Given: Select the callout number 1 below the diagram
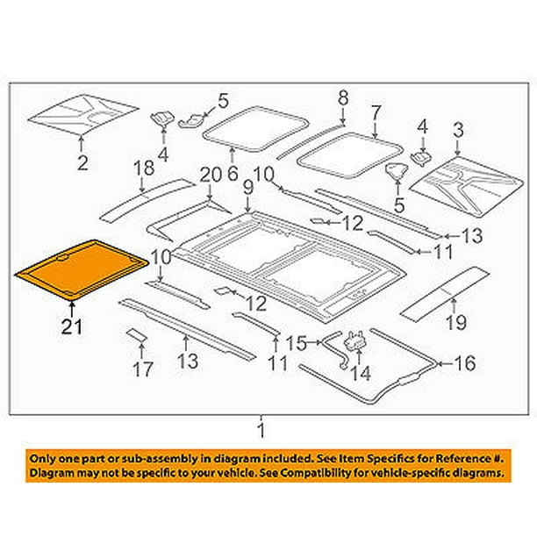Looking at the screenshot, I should click(x=261, y=428).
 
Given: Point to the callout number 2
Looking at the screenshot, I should click(x=82, y=161).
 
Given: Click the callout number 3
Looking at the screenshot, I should click(x=457, y=131).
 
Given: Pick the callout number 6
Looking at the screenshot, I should click(x=233, y=173).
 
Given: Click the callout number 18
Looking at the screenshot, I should click(x=143, y=169).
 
